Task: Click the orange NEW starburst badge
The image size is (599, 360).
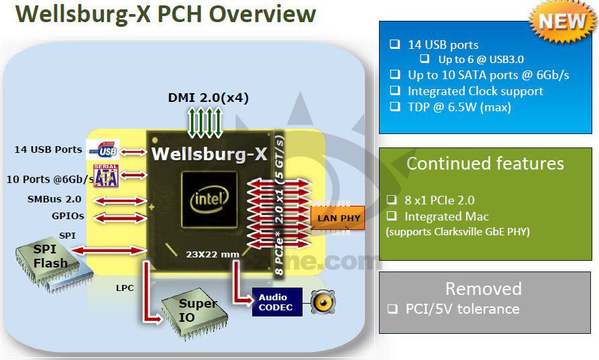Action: point(561,21)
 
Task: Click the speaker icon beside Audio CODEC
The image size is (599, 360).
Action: point(323,302)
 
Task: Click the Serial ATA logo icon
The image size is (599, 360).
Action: point(106,176)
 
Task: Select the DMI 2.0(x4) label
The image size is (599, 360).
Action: point(208,98)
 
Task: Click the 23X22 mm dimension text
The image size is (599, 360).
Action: point(213,254)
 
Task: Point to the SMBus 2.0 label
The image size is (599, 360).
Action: point(54,200)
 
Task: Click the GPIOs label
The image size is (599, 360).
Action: point(68,217)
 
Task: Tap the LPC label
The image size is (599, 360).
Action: point(125,288)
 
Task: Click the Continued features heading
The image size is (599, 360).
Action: point(485,164)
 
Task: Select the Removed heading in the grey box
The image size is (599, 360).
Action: point(484,288)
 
